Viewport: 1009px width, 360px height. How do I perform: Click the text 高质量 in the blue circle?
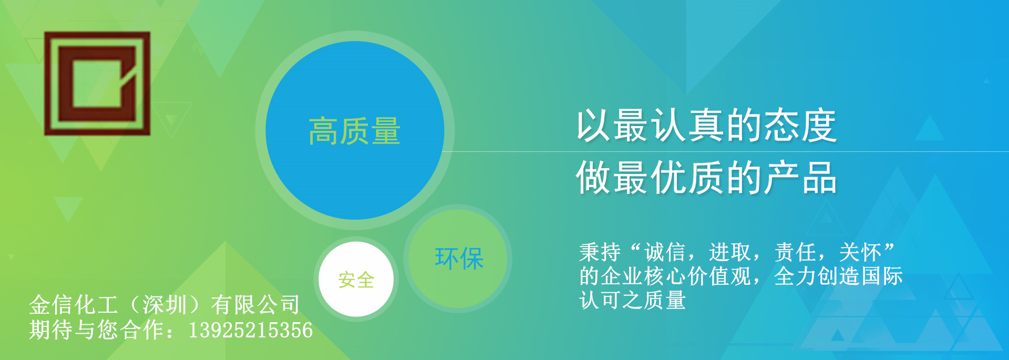[355, 131]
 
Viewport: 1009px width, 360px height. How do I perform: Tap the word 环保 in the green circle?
[459, 259]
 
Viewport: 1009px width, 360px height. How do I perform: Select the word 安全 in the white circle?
[356, 280]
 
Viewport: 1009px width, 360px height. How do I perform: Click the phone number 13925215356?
[251, 330]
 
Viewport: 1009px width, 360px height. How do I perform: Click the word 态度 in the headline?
[800, 126]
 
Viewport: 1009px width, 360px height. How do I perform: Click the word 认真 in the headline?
[688, 126]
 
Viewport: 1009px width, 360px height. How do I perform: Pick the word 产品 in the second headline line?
[800, 178]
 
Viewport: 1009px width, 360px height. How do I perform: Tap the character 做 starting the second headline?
[594, 178]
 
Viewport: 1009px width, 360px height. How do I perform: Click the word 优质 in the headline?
[688, 178]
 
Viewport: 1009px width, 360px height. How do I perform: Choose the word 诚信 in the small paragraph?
[665, 253]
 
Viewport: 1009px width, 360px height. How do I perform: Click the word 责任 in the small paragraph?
[795, 253]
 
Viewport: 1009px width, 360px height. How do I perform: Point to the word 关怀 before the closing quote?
[860, 253]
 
